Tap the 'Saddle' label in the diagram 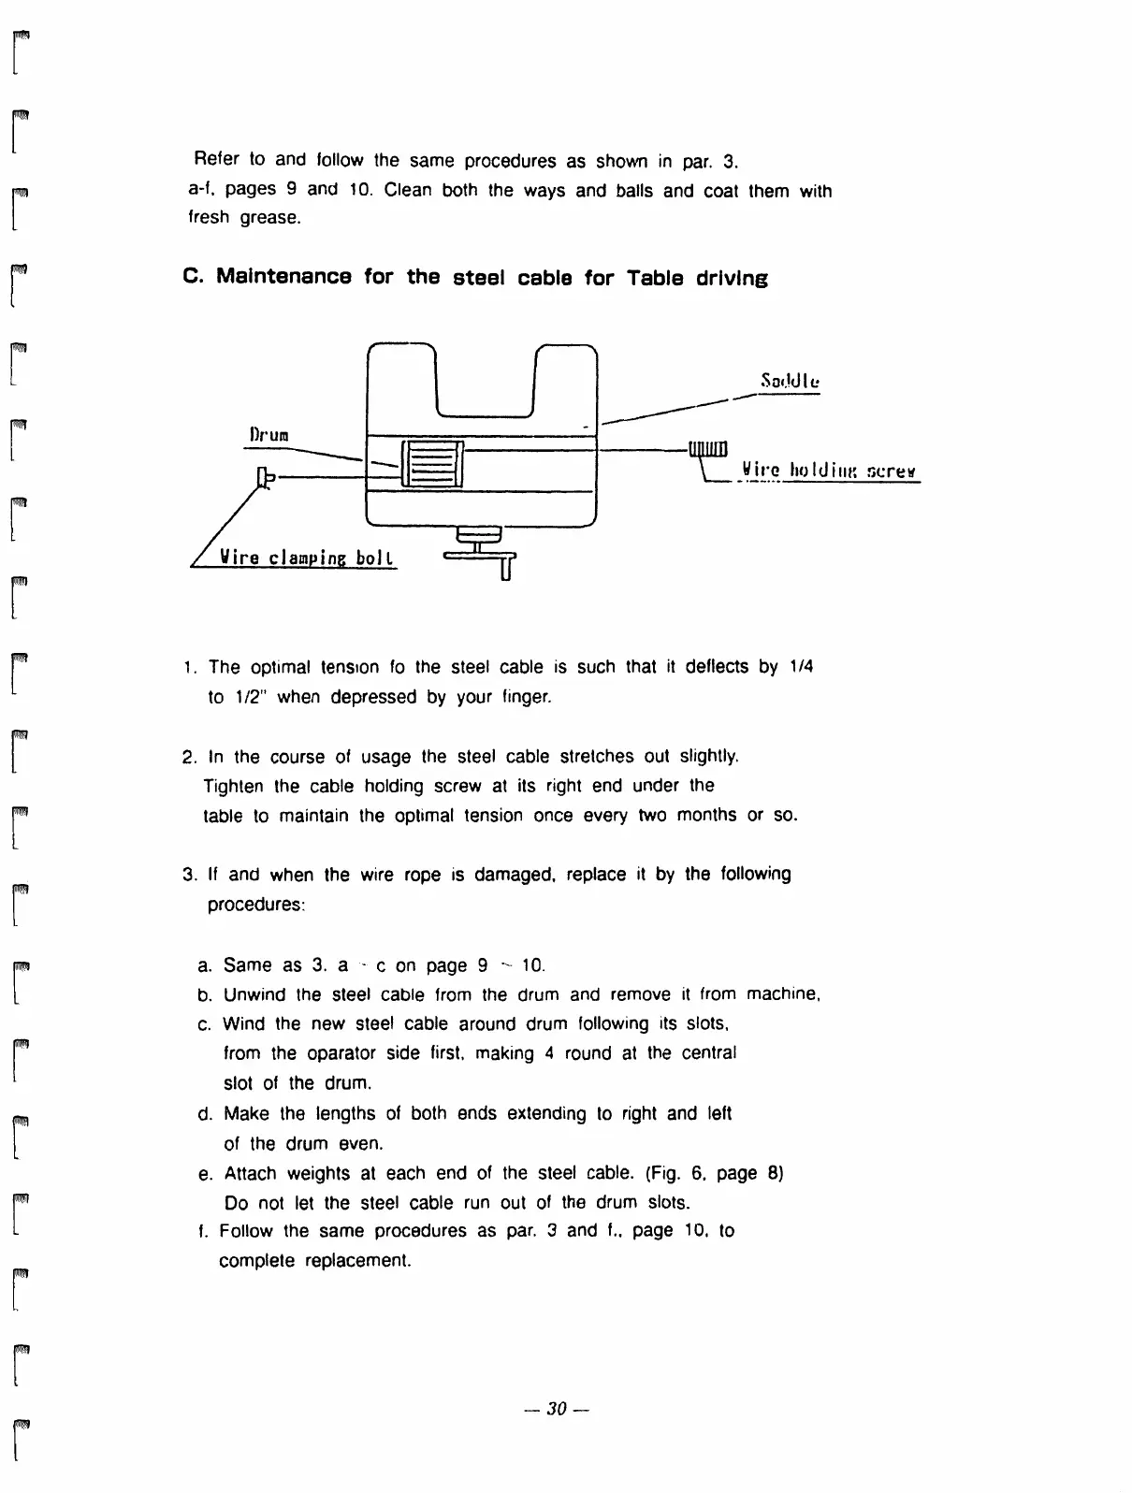click(790, 382)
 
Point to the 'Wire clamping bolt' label click(307, 558)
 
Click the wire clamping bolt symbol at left click(266, 478)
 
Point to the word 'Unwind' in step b click(254, 993)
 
